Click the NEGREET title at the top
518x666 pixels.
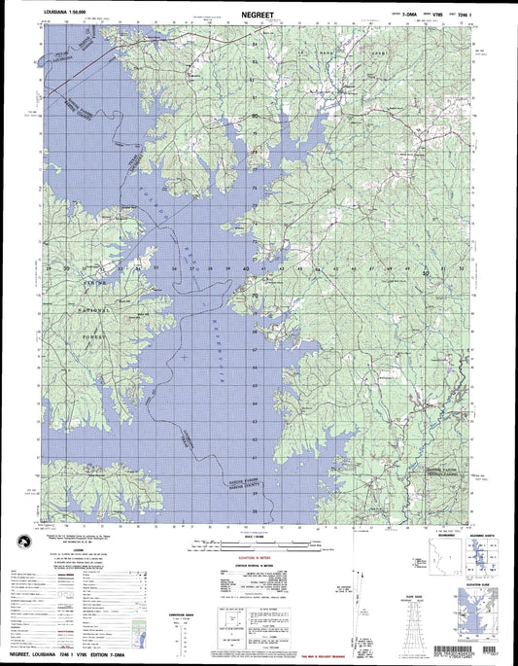[x=259, y=16]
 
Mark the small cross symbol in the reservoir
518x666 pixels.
[x=184, y=360]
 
